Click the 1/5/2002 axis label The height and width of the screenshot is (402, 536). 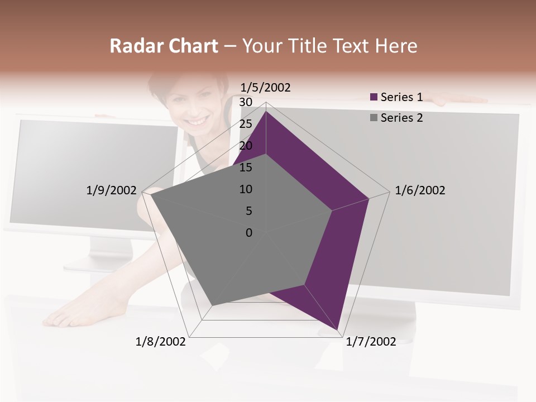pos(265,87)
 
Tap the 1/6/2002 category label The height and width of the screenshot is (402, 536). pos(420,190)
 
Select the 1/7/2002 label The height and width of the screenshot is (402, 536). pos(371,342)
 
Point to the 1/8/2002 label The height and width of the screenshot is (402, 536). pos(160,342)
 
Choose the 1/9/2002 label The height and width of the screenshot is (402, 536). pos(111,190)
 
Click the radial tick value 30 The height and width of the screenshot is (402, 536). pos(245,102)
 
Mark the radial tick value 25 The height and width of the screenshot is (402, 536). pos(245,124)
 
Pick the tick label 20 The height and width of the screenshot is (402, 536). pos(245,146)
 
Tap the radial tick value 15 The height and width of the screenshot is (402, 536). pos(245,167)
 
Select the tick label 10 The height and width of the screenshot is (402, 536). pos(245,189)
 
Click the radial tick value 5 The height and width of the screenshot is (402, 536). pos(248,211)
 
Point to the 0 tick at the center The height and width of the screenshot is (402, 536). pos(249,233)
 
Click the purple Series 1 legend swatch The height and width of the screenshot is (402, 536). pos(374,97)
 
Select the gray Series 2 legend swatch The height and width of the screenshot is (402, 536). pos(374,118)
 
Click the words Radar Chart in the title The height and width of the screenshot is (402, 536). pos(164,46)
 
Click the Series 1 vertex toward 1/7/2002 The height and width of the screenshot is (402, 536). pos(338,329)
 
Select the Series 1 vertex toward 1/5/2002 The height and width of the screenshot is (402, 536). pos(266,112)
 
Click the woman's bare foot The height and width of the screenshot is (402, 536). pos(73,315)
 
